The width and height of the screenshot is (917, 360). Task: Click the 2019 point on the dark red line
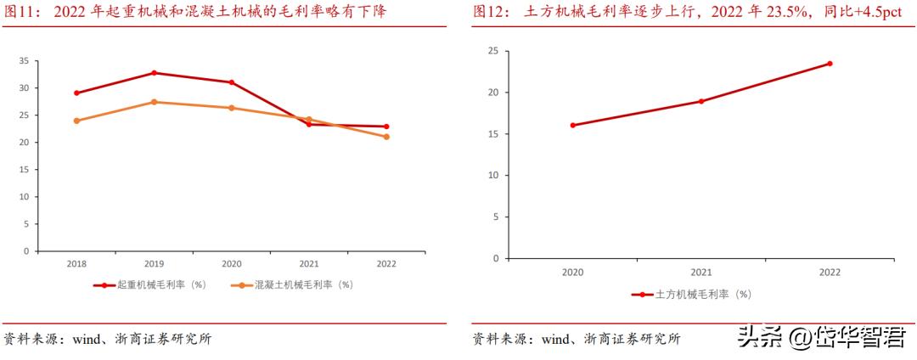(x=154, y=73)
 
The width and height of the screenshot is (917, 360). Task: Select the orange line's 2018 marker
(x=76, y=121)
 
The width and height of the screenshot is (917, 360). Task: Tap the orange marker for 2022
(x=387, y=137)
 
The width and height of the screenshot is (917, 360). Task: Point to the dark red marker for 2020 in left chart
(x=232, y=82)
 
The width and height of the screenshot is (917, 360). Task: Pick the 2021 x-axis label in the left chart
(x=309, y=264)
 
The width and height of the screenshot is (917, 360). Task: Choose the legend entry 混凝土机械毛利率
(x=296, y=285)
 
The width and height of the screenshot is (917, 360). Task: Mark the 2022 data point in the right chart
(x=830, y=64)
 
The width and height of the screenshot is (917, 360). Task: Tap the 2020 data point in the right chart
(x=572, y=125)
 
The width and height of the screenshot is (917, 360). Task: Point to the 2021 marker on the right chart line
(x=701, y=101)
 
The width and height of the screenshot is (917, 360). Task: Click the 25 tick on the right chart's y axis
(x=492, y=51)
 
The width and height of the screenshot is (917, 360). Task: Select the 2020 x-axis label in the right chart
(x=572, y=273)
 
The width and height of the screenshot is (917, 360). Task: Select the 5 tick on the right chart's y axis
(x=495, y=216)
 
